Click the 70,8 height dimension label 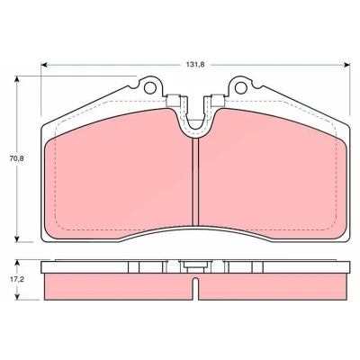pos(16,158)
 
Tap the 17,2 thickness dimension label pos(16,279)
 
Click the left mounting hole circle pos(150,87)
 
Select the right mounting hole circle pos(240,87)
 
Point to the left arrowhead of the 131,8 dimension pos(44,65)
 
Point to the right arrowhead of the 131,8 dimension pos(346,65)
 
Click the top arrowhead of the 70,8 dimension pos(17,79)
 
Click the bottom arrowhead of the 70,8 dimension pos(17,238)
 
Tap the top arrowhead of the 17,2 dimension pos(17,264)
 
